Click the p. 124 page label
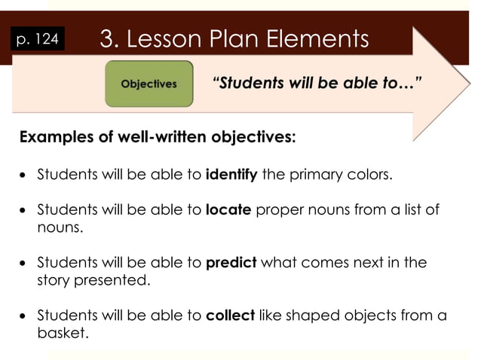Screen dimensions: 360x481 [37, 38]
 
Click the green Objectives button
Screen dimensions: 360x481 [149, 84]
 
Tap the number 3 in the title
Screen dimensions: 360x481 [106, 38]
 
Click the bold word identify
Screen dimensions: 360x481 [232, 175]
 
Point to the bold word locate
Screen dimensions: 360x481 [228, 210]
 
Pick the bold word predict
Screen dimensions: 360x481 [231, 263]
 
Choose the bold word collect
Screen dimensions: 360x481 [230, 316]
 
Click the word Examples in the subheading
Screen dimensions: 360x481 [56, 138]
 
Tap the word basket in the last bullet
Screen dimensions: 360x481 [62, 331]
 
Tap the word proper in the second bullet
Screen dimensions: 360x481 [277, 210]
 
